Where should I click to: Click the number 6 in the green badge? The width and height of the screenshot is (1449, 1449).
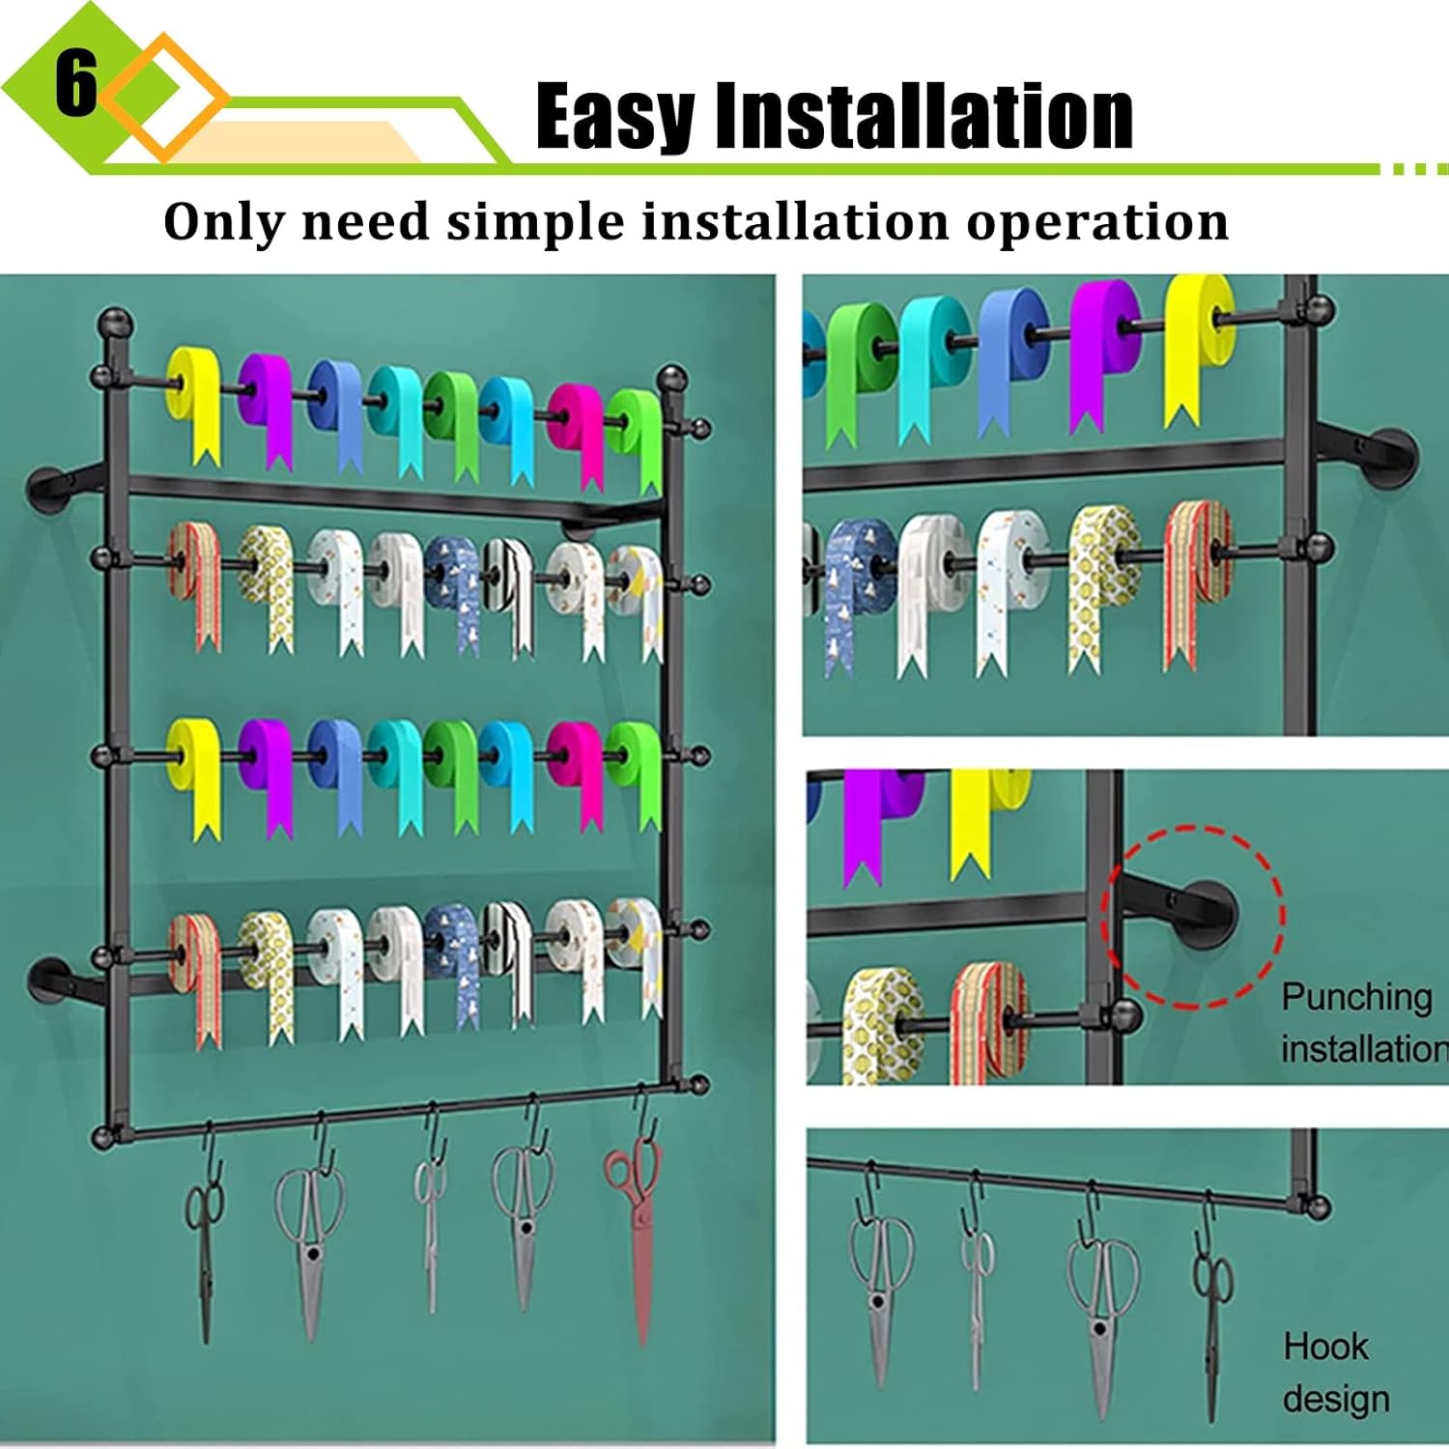pos(75,83)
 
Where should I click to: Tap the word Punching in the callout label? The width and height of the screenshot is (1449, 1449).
pos(1356,997)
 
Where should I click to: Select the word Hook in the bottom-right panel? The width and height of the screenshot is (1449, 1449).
pos(1325,1346)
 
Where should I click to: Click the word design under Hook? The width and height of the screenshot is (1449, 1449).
pos(1335,1398)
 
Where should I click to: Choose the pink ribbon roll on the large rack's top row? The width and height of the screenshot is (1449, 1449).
pos(578,425)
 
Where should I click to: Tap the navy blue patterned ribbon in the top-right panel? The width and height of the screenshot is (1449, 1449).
pos(855,580)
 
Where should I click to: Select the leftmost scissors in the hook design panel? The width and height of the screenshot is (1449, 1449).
pos(880,1285)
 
